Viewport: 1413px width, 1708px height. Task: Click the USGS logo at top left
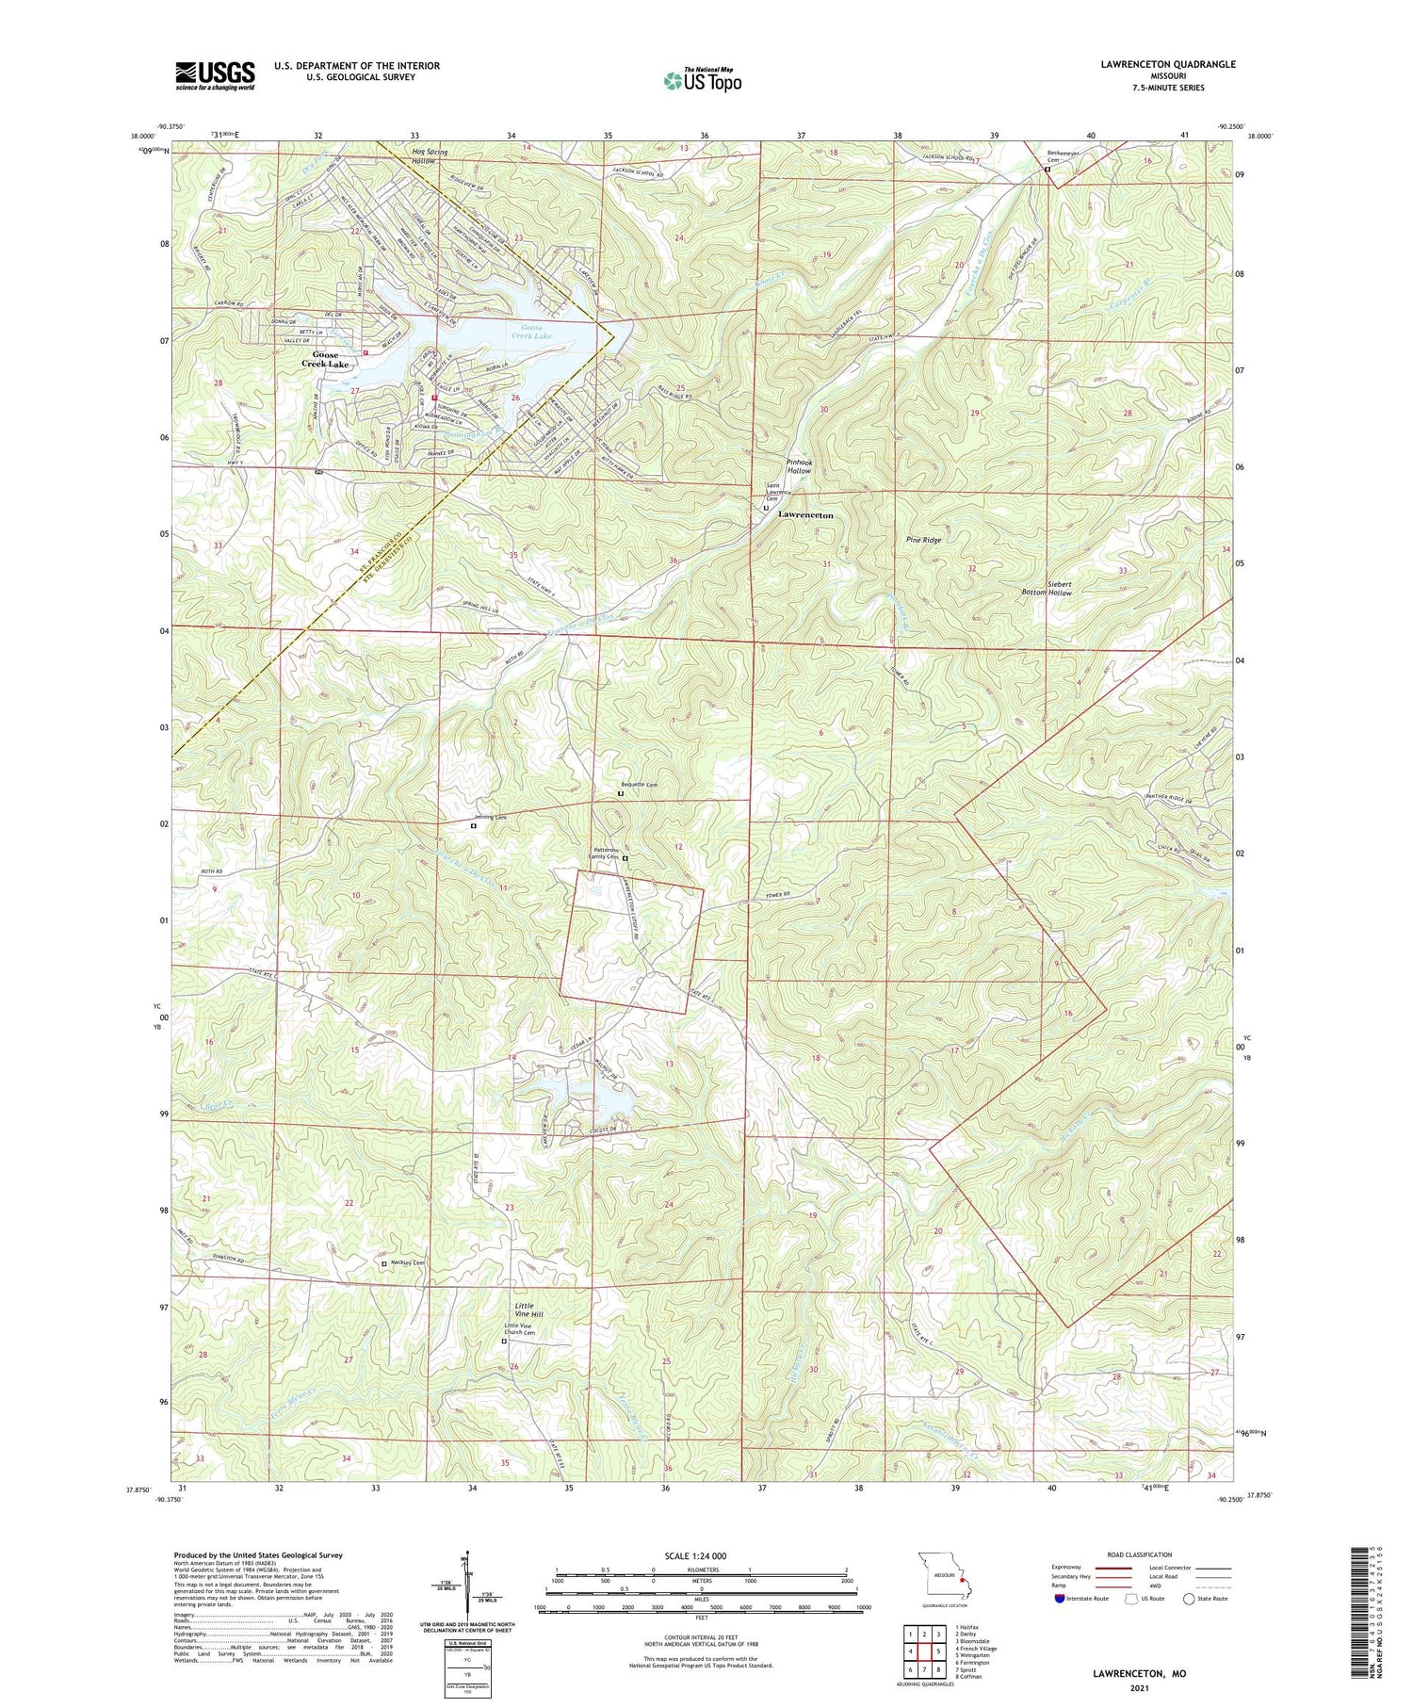215,75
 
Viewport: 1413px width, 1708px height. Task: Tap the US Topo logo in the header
702,80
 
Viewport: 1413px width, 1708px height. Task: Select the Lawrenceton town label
805,516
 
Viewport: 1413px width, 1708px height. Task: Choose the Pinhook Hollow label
799,466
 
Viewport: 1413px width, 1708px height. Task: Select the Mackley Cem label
406,1262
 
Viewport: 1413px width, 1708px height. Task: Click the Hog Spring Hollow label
430,156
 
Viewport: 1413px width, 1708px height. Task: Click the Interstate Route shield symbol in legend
1060,1599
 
